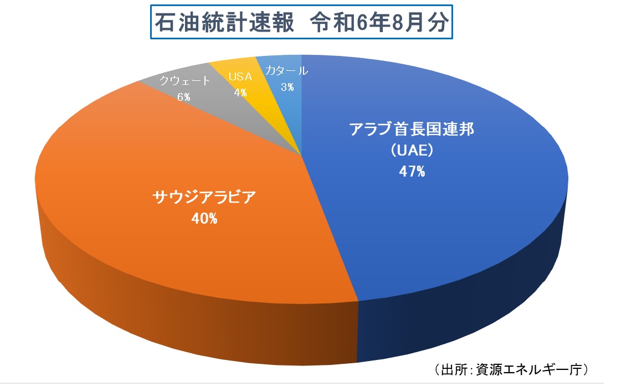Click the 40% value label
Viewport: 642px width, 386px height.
pos(204,219)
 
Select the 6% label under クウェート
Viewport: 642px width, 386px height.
pos(184,97)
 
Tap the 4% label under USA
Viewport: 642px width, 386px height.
pos(240,92)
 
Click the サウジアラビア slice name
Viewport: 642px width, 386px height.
pos(204,198)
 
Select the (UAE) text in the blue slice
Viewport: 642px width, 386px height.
pos(412,151)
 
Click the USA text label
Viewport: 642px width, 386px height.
pos(240,77)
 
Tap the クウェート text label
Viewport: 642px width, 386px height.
pos(185,81)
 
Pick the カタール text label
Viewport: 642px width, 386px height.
pos(286,71)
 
